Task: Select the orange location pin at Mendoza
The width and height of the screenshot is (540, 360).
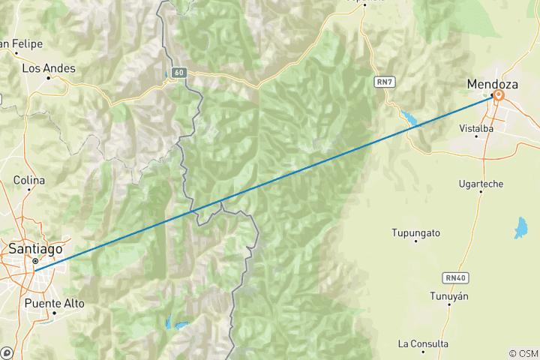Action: pyautogui.click(x=498, y=95)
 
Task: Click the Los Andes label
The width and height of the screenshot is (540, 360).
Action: pyautogui.click(x=49, y=67)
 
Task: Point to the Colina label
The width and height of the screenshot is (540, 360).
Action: pyautogui.click(x=29, y=181)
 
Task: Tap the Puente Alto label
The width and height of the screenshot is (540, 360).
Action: pyautogui.click(x=55, y=304)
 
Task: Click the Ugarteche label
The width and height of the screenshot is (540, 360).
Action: pyautogui.click(x=481, y=183)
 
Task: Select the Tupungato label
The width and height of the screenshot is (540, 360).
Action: pyautogui.click(x=415, y=232)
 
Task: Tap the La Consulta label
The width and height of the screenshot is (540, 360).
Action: pyautogui.click(x=424, y=343)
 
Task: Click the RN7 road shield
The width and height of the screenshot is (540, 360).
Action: pyautogui.click(x=385, y=80)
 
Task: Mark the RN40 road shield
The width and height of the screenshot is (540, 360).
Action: pyautogui.click(x=455, y=277)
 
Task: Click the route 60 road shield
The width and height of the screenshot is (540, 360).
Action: pyautogui.click(x=178, y=73)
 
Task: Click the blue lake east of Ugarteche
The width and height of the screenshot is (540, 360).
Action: pyautogui.click(x=520, y=228)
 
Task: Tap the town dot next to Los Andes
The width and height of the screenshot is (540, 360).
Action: pyautogui.click(x=49, y=77)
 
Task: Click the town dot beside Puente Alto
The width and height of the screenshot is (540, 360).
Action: pyautogui.click(x=55, y=313)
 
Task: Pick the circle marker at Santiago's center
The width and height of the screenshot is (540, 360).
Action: pyautogui.click(x=34, y=261)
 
